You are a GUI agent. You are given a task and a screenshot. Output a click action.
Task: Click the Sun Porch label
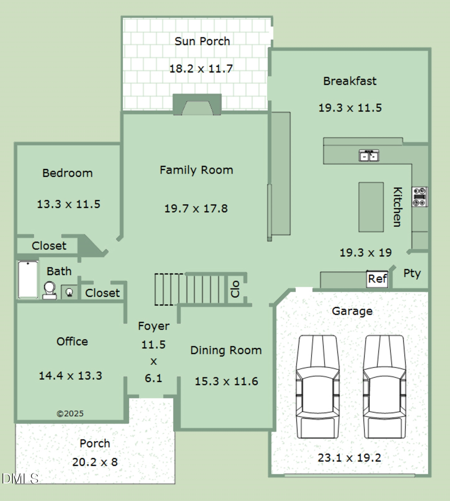point(202,41)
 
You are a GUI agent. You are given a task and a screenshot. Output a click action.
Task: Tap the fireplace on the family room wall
point(197,105)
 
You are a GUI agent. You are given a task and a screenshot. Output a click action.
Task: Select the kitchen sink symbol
point(368,156)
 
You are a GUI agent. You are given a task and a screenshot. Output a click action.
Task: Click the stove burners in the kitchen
point(419,196)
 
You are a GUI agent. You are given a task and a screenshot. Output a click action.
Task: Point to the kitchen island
point(371,206)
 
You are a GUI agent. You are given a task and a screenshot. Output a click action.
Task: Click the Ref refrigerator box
point(377,279)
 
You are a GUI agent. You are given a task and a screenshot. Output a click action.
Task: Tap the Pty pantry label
point(412,273)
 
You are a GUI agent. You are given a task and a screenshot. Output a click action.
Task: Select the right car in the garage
point(383,386)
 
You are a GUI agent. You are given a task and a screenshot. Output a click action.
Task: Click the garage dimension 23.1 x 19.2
point(349,457)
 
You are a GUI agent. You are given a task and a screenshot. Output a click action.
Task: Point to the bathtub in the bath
point(28,280)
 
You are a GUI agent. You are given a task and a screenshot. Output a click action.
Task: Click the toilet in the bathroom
point(49,290)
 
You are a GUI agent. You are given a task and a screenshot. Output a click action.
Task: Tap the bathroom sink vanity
point(69,292)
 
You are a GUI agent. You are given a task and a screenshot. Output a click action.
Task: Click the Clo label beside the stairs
point(235,288)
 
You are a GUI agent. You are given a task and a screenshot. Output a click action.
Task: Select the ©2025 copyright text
point(70,413)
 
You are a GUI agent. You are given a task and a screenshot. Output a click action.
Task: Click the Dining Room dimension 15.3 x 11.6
point(226,381)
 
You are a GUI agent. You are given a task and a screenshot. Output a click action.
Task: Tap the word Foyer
point(153,326)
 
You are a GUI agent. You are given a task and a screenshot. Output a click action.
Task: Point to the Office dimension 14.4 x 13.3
point(70,375)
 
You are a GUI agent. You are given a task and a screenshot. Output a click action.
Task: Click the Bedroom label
point(67,173)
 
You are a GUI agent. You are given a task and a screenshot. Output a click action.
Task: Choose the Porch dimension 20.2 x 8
point(94,462)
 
